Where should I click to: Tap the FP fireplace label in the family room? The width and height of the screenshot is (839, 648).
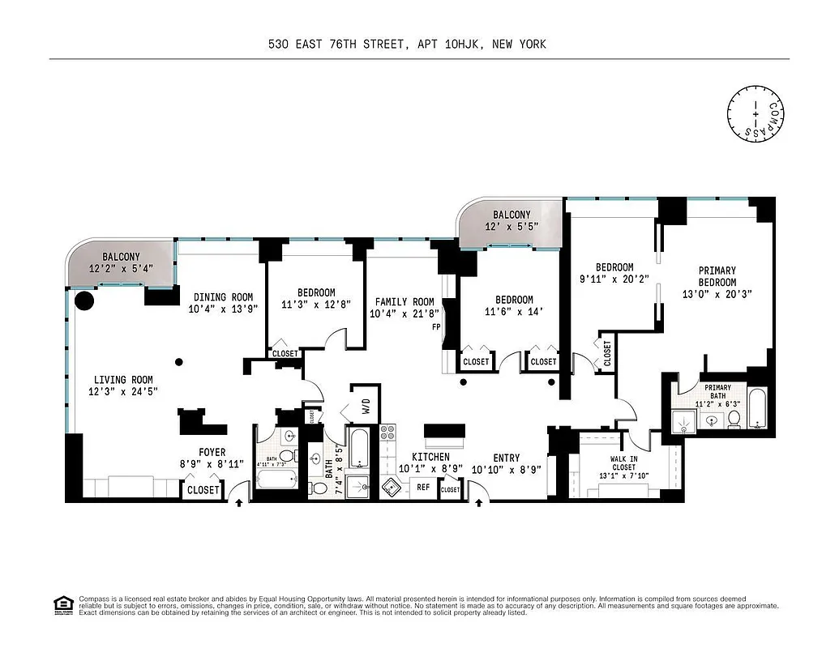pos(436,328)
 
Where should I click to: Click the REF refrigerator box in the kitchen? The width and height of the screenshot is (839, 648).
pos(423,488)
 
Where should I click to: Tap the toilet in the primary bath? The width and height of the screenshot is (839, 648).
pos(734,418)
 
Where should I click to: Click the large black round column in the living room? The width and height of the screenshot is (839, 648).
pos(83,301)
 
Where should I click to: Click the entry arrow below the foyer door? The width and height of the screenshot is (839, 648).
pos(239,503)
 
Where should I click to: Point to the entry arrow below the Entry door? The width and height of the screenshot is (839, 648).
pos(479,503)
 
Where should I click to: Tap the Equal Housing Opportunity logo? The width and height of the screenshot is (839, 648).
pos(60,603)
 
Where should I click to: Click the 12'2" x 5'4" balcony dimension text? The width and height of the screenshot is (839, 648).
pos(120,268)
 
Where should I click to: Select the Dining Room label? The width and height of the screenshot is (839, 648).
pos(223,297)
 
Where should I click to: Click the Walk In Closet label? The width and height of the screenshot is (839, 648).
pos(623,463)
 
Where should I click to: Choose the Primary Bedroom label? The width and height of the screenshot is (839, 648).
pos(717,275)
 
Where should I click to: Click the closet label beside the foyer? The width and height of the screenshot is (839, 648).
pos(203,490)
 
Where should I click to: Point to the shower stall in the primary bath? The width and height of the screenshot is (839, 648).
pos(680,420)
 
